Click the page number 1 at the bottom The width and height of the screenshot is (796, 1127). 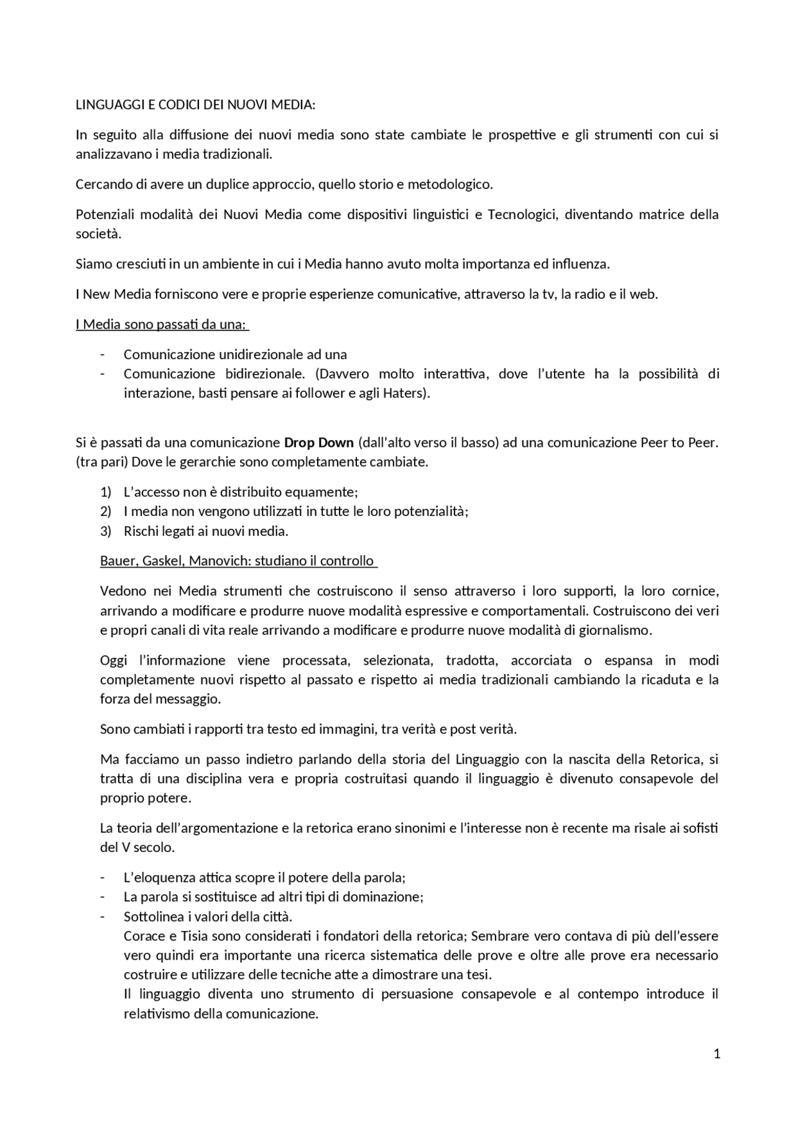click(717, 1054)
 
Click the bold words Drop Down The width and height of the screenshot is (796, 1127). click(318, 443)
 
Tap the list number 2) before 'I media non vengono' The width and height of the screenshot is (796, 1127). click(106, 512)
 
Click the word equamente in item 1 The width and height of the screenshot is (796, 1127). click(330, 492)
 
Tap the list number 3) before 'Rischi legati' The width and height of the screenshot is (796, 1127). click(106, 531)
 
